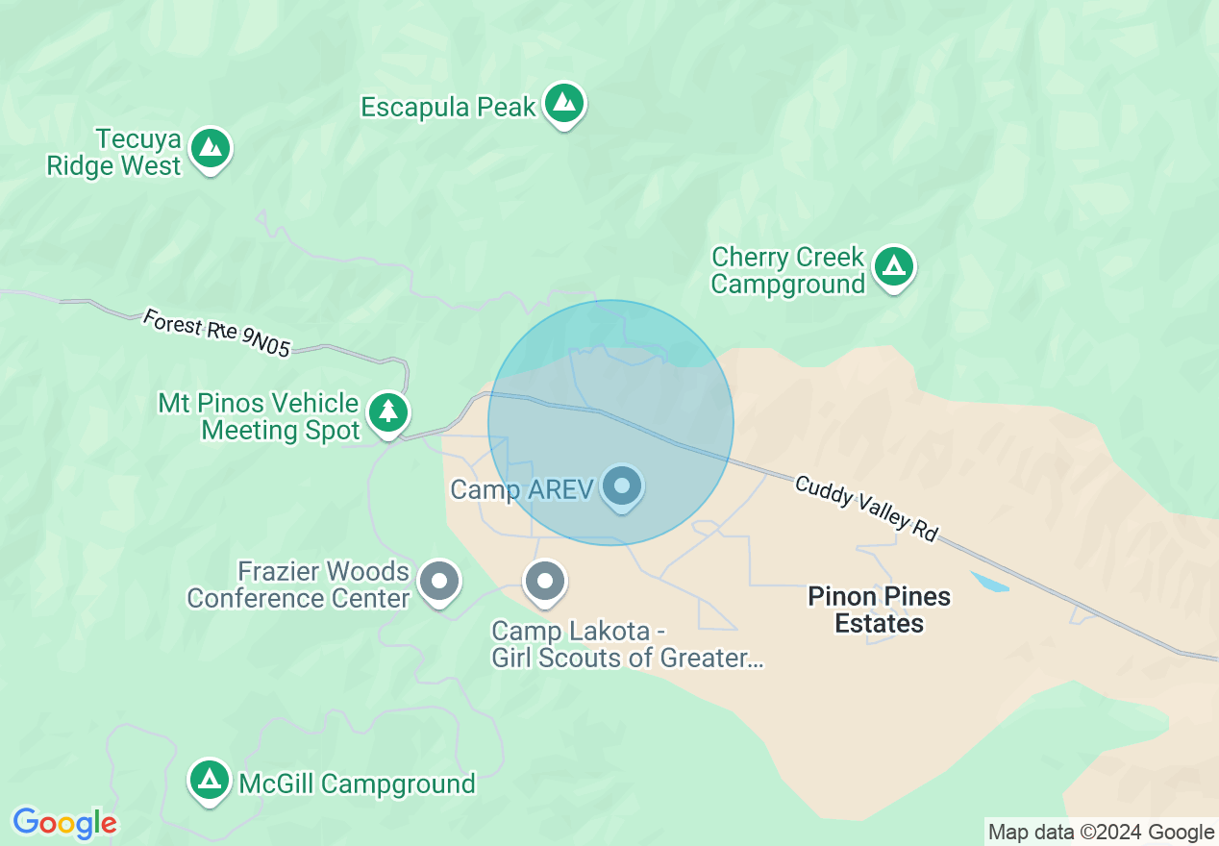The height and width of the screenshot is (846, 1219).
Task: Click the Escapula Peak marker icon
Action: [564, 102]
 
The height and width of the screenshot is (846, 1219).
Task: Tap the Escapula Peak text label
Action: [448, 107]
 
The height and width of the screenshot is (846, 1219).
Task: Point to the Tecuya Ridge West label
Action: [114, 153]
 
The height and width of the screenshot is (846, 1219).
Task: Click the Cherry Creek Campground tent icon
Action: [895, 265]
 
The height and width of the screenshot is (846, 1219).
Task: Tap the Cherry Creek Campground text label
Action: [788, 271]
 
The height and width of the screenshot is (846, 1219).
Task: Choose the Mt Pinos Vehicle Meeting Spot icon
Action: [388, 411]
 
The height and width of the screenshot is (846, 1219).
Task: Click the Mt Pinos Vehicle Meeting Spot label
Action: [260, 416]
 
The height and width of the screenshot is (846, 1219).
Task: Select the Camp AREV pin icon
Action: [622, 485]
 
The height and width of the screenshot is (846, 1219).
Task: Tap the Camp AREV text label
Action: [522, 489]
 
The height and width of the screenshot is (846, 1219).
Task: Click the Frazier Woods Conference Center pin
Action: [440, 581]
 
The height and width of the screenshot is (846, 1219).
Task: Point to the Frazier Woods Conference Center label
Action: [299, 585]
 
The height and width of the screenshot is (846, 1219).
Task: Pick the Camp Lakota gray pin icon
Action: [545, 581]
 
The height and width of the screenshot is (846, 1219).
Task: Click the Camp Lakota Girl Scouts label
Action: [627, 644]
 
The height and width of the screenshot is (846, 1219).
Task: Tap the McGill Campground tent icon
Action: [210, 779]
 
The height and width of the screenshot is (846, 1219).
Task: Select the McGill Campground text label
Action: [357, 784]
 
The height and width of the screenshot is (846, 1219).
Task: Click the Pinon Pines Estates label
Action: [879, 610]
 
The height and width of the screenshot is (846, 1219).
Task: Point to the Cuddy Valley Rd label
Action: [866, 508]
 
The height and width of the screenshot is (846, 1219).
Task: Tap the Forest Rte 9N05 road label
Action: [216, 332]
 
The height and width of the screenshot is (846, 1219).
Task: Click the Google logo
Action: [64, 823]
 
